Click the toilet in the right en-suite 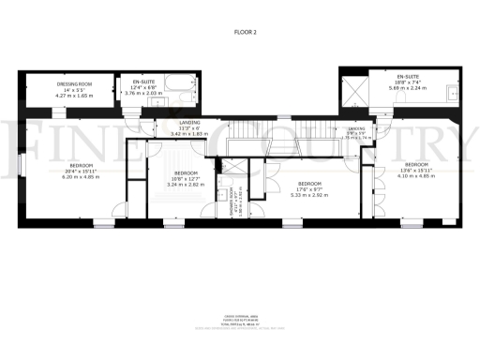click(x=390, y=104)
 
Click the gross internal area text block click(x=242, y=321)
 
